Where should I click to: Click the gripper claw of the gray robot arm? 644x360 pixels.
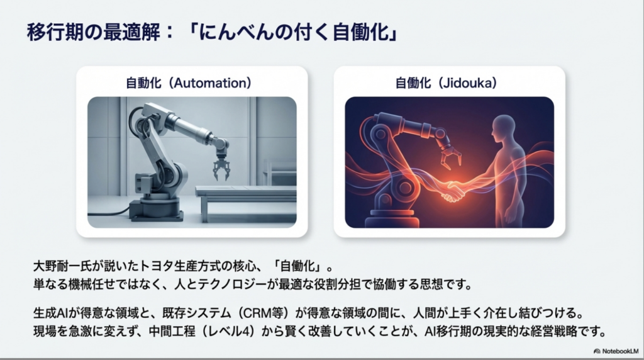(221, 166)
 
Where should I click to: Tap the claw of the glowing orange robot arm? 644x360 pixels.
(451, 158)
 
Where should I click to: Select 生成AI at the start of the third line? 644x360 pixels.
(53, 313)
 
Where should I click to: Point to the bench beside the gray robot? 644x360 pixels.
(247, 201)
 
